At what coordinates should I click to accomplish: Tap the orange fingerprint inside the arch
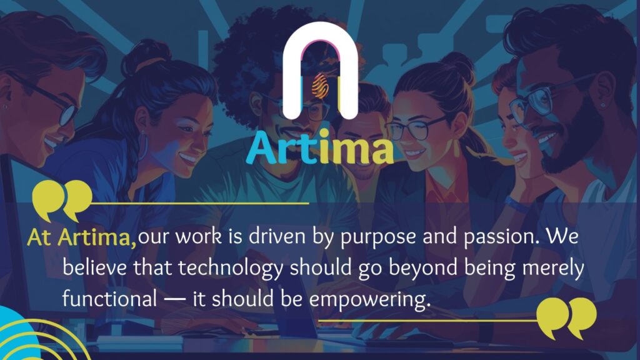(321, 86)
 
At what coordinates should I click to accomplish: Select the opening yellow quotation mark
(62, 200)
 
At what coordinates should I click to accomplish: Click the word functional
(109, 298)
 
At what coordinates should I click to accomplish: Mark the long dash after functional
(174, 300)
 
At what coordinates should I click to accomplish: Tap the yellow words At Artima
(82, 237)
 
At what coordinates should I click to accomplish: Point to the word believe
(94, 267)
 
